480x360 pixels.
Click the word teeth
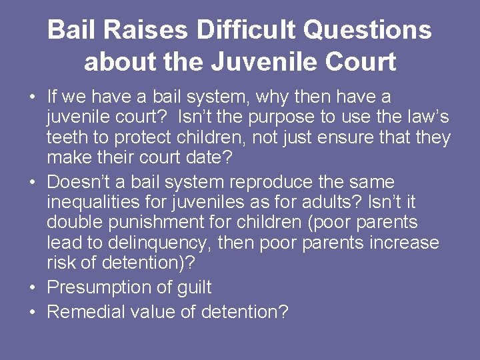click(67, 138)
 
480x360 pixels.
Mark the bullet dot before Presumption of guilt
click(33, 289)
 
